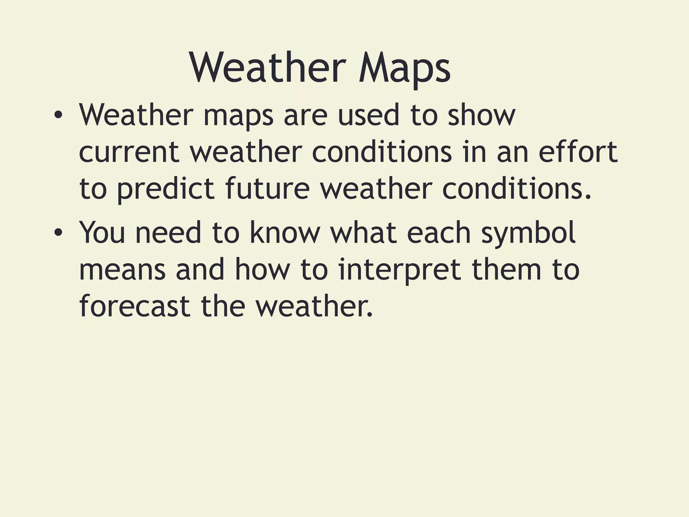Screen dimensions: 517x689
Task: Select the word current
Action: tap(129, 152)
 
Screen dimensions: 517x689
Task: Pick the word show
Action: tap(481, 115)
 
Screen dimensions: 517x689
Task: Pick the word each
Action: tap(439, 232)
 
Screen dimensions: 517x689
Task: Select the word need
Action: tap(168, 232)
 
